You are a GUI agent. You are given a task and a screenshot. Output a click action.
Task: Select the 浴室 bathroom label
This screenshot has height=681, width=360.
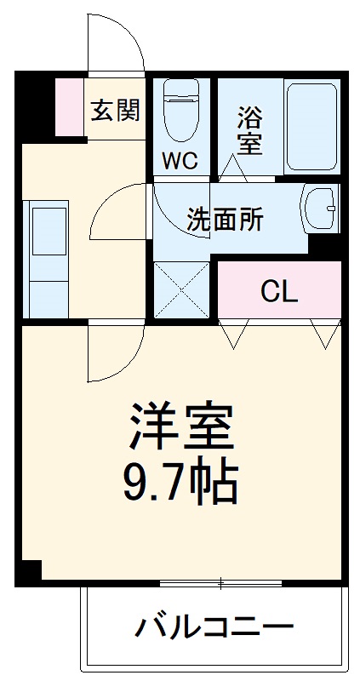point(249,129)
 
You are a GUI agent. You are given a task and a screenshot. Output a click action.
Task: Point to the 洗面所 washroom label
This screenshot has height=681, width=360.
point(225,220)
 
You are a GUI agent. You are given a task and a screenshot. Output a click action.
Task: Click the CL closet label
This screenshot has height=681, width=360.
point(279,292)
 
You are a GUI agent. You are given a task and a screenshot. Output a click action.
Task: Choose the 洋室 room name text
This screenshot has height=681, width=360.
point(181,426)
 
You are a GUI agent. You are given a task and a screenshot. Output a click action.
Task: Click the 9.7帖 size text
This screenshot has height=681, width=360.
point(181,481)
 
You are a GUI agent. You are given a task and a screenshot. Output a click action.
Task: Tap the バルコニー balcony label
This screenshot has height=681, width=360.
point(214,629)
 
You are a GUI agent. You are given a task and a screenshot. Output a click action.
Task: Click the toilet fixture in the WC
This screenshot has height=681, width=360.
point(180,112)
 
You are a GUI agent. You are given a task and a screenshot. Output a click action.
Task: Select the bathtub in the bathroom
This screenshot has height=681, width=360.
point(312,126)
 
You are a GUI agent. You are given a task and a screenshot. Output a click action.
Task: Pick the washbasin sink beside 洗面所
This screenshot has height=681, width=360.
point(322,208)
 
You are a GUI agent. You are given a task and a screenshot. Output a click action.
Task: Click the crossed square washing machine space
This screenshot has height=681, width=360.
point(181,290)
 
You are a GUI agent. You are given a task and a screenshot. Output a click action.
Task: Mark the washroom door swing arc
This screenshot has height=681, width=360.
point(119,213)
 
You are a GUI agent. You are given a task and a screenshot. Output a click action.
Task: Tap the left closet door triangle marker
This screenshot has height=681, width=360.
point(232,335)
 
